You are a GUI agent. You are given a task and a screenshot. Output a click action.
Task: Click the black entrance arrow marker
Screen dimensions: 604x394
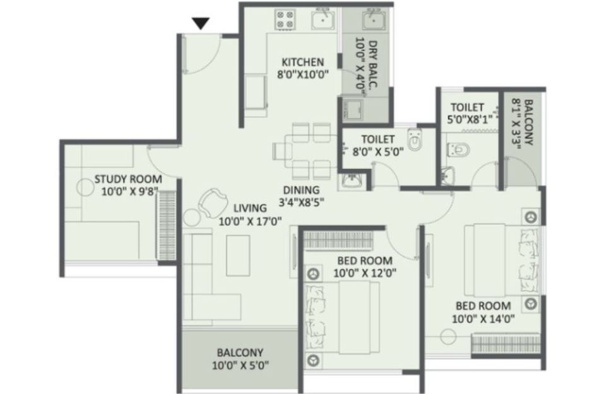click(201, 23)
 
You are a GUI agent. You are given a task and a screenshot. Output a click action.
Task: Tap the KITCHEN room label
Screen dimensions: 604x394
click(303, 62)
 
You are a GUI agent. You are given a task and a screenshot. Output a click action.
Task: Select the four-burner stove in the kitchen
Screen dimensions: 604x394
click(285, 20)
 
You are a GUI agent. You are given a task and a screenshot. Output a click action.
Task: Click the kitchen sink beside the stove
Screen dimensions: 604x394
click(324, 19)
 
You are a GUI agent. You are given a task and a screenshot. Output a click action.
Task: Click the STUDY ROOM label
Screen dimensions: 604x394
click(128, 179)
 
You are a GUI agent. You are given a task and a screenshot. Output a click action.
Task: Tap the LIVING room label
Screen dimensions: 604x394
click(251, 208)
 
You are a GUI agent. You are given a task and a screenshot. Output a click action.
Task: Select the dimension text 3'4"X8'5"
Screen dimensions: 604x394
click(301, 202)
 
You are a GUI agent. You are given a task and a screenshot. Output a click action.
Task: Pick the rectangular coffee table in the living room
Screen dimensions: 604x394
click(238, 255)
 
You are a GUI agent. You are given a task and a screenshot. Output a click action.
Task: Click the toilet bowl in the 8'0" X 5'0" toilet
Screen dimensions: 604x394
click(415, 141)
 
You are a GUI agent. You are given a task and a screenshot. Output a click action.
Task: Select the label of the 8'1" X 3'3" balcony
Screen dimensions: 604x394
click(528, 122)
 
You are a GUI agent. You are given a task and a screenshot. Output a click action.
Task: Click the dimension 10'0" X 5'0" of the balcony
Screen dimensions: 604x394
click(240, 365)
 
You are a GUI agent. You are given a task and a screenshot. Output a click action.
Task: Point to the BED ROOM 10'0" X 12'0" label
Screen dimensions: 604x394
click(365, 267)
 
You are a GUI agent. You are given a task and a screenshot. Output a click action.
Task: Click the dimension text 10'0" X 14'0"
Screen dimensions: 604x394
click(483, 319)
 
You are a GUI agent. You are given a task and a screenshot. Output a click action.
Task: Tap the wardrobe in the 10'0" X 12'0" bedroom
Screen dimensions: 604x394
click(339, 241)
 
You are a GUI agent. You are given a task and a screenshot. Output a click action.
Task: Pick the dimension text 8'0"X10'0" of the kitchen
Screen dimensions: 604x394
click(303, 74)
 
